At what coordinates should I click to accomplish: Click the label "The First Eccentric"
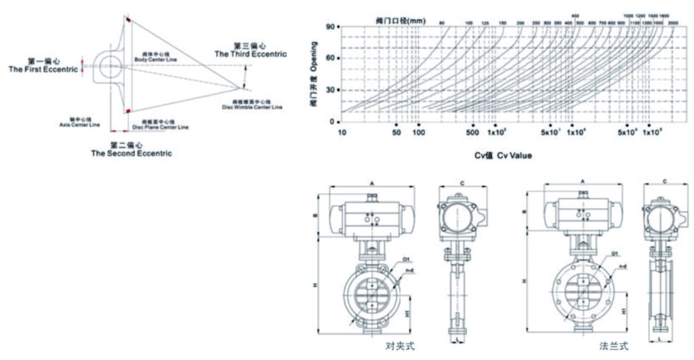pyautogui.click(x=43, y=70)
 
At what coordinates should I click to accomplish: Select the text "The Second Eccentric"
pyautogui.click(x=131, y=153)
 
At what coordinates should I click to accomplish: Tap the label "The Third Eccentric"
pyautogui.click(x=250, y=54)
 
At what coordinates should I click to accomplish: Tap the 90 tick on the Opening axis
pyautogui.click(x=332, y=27)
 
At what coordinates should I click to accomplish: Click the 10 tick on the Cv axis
pyautogui.click(x=343, y=132)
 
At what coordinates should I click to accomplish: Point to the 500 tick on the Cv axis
pyautogui.click(x=472, y=132)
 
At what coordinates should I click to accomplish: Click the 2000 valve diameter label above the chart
pyautogui.click(x=674, y=24)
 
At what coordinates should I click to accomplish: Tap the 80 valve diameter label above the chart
pyautogui.click(x=441, y=24)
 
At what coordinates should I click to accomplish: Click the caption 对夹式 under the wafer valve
pyautogui.click(x=399, y=346)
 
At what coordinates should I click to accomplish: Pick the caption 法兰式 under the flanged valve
pyautogui.click(x=614, y=346)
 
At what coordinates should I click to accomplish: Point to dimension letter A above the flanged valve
pyautogui.click(x=584, y=182)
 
